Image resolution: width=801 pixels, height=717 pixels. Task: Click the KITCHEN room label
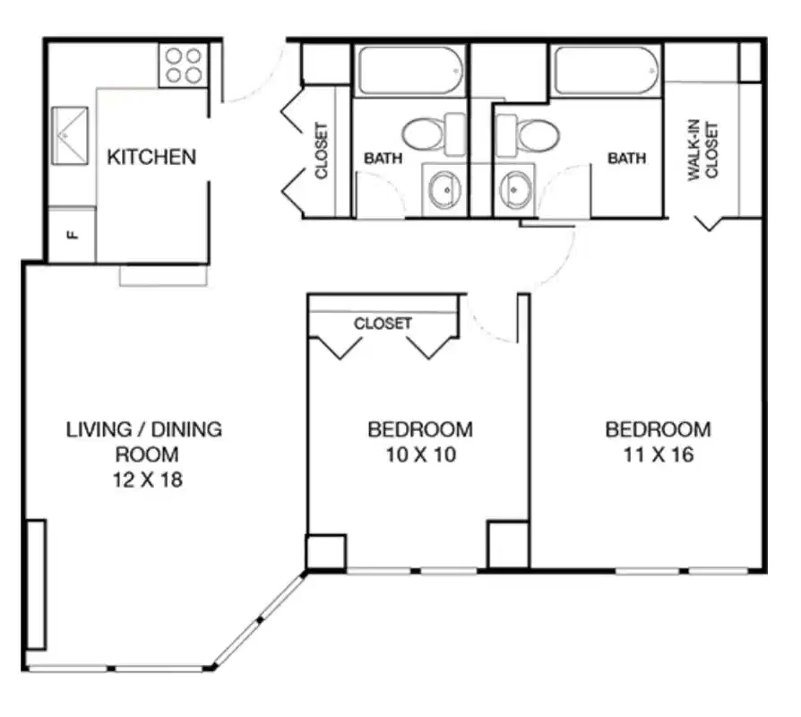tap(151, 158)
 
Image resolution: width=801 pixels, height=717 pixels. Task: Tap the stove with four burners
tap(183, 65)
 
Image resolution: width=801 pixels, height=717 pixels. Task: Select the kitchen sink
tap(70, 134)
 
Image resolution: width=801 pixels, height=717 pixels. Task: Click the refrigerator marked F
tap(71, 235)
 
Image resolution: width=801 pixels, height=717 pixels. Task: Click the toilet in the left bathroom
tap(428, 134)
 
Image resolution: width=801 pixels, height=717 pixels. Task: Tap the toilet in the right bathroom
tap(530, 134)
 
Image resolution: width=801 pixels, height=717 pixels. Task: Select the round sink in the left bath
tap(443, 189)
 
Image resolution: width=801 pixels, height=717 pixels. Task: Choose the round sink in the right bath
tap(515, 189)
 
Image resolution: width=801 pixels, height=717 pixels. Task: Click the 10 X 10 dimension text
tap(420, 454)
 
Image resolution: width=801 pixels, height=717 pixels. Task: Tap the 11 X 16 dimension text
tap(659, 454)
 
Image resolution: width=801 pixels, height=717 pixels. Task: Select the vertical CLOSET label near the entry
tap(322, 150)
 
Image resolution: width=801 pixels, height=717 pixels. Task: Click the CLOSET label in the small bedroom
tap(383, 324)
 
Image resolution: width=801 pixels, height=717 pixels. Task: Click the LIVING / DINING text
tap(144, 429)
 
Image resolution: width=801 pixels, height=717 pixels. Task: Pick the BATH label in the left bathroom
tap(383, 159)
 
